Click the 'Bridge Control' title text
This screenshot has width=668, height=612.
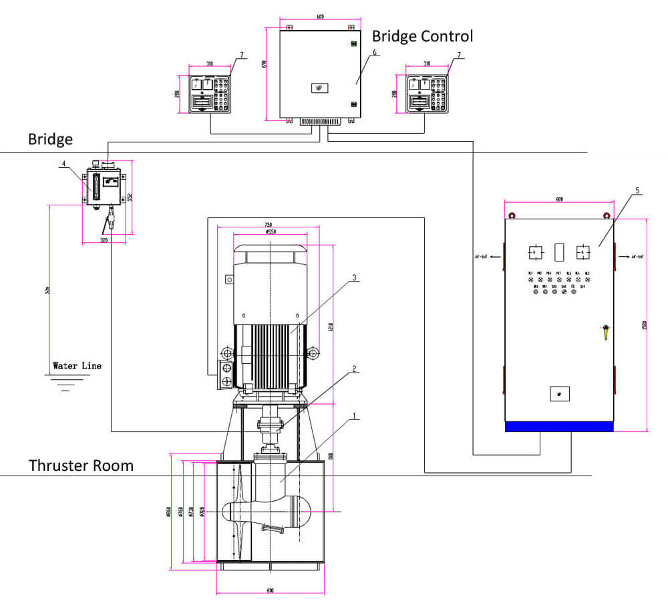pyautogui.click(x=422, y=35)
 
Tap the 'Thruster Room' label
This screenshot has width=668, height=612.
pyautogui.click(x=81, y=465)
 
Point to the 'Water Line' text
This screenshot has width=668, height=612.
pyautogui.click(x=77, y=367)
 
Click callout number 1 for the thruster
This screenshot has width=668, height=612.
pyautogui.click(x=354, y=415)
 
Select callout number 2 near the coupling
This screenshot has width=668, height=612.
pyautogui.click(x=354, y=368)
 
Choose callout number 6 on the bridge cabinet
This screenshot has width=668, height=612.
pyautogui.click(x=375, y=52)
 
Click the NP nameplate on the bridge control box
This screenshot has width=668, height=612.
pyautogui.click(x=319, y=88)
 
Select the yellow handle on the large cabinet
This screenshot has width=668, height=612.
pyautogui.click(x=606, y=330)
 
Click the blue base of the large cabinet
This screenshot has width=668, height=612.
pyautogui.click(x=558, y=426)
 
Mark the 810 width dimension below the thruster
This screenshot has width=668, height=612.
pyautogui.click(x=270, y=591)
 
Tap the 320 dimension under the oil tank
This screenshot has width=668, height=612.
pyautogui.click(x=104, y=239)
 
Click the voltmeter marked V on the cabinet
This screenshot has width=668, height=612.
pyautogui.click(x=535, y=252)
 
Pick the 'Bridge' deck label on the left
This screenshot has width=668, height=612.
pyautogui.click(x=50, y=139)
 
